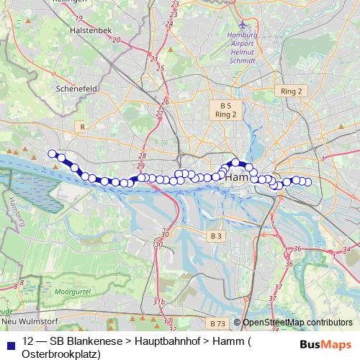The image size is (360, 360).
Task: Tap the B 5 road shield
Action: click(225, 105)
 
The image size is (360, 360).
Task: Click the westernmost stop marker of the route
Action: click(52, 153)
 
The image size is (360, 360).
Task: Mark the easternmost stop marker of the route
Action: click(308, 181)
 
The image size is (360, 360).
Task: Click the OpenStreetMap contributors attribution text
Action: click(298, 323)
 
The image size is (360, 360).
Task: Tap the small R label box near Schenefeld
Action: click(83, 127)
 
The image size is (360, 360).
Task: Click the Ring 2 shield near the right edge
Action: click(291, 91)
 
